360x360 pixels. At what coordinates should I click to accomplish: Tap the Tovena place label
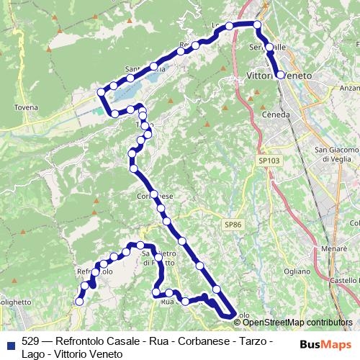(x=25, y=107)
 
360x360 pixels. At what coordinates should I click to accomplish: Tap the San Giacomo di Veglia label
(x=336, y=155)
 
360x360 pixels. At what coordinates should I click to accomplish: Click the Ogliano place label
(x=296, y=271)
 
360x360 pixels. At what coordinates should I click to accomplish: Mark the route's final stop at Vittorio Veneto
(x=280, y=74)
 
